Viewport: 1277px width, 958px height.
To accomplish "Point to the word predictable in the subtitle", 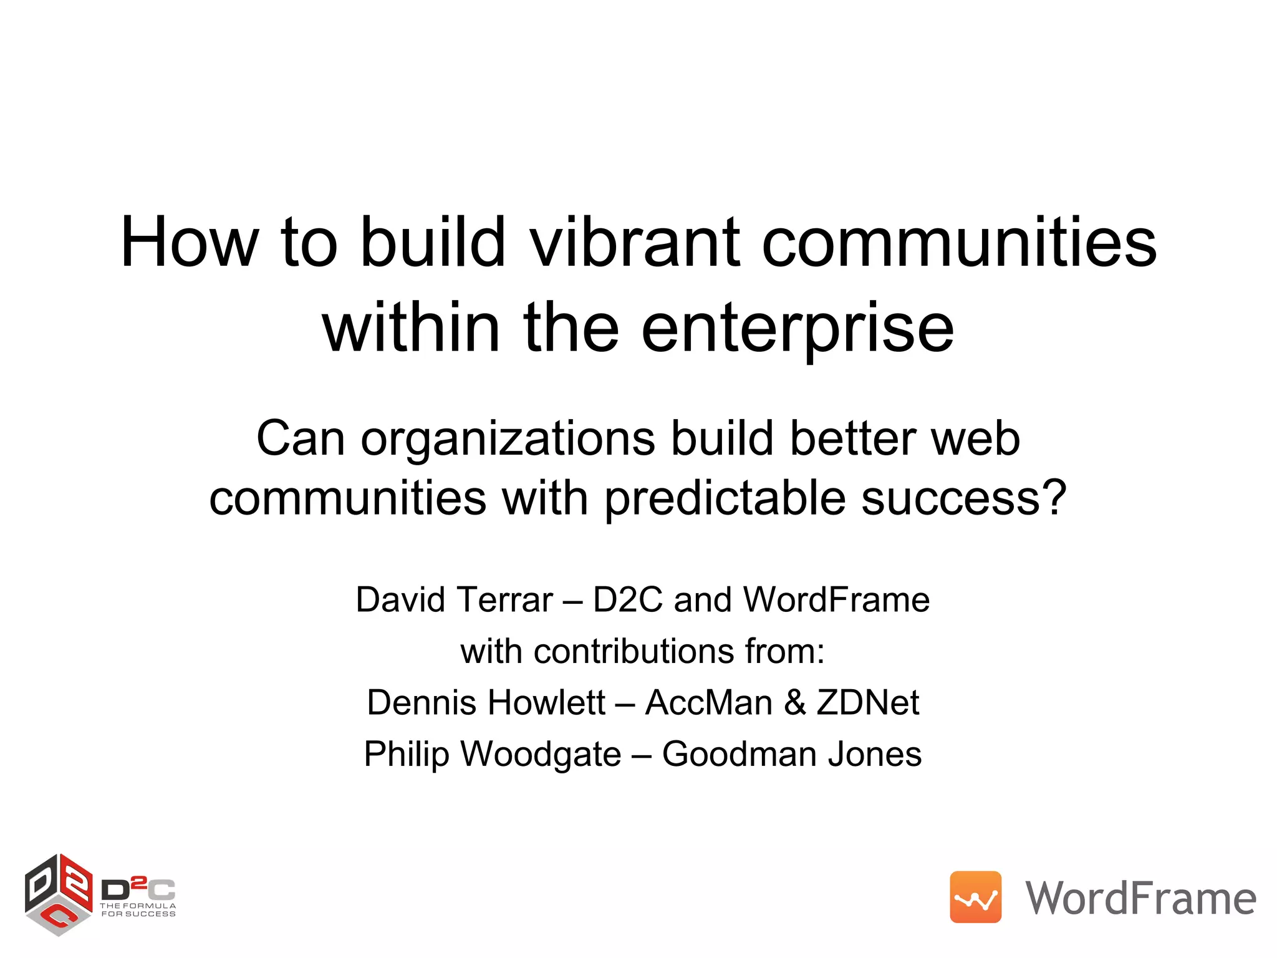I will click(725, 499).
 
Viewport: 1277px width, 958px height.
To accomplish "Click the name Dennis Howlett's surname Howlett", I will click(546, 703).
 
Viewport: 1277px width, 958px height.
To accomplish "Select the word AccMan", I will click(708, 703).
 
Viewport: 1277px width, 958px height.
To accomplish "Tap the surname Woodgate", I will click(541, 755).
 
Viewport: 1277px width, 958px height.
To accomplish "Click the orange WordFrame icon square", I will click(975, 897).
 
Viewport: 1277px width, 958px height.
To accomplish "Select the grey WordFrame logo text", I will click(1140, 899).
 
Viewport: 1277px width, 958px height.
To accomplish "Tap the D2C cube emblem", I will click(58, 894).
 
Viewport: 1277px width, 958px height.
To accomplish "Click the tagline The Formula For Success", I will click(138, 910).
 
